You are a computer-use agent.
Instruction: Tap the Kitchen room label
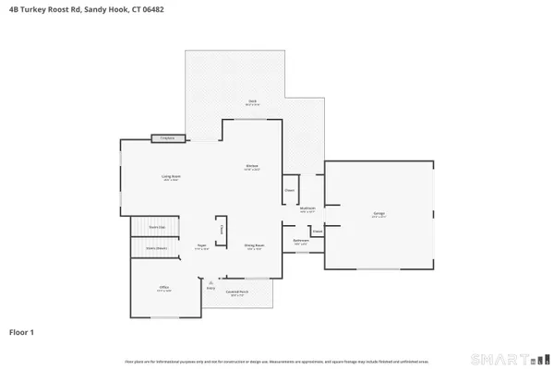click(251, 168)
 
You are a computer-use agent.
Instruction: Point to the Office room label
click(163, 289)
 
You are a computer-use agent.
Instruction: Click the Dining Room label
click(255, 245)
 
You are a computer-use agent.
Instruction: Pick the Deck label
click(251, 101)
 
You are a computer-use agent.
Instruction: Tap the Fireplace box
click(167, 138)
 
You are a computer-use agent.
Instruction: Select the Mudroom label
click(308, 209)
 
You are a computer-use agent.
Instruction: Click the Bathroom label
click(301, 242)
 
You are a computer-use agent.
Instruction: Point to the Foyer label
click(201, 246)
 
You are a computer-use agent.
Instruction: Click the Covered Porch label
click(236, 294)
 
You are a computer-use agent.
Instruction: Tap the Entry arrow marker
click(211, 282)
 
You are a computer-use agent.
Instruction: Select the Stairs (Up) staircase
click(158, 228)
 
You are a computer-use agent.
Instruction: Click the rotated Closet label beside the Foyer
click(221, 230)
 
